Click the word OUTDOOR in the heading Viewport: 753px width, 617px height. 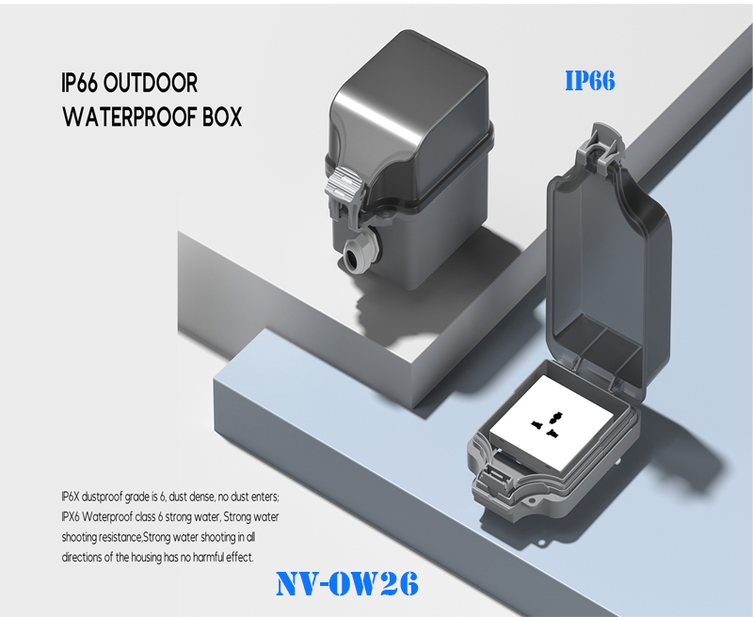151,83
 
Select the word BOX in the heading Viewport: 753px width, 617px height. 222,117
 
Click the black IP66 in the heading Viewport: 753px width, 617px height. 79,83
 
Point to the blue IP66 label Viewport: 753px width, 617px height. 590,81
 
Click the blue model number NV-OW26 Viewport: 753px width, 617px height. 347,584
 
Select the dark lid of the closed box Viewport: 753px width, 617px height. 409,118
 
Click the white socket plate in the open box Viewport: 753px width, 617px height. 552,424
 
